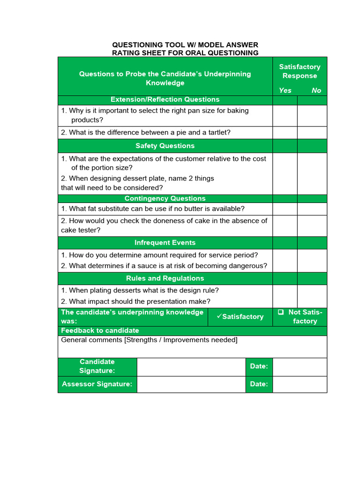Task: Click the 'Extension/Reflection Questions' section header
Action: [165, 99]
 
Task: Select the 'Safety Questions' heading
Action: [165, 146]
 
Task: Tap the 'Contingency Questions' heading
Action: [165, 198]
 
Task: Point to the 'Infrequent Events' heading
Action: [165, 243]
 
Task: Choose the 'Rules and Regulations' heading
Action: [165, 278]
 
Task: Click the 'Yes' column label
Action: [285, 90]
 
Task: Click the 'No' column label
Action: [316, 90]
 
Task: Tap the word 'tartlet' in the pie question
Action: [217, 133]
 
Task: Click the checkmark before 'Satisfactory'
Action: [219, 316]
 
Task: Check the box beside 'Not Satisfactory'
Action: [281, 312]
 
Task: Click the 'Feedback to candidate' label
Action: [100, 330]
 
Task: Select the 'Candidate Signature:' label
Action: [97, 366]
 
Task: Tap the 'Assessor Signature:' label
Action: [97, 384]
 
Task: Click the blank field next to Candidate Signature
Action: [191, 366]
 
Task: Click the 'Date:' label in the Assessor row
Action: [259, 384]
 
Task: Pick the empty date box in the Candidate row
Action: [300, 366]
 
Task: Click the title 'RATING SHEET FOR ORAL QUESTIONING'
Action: [185, 53]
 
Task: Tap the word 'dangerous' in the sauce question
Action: [249, 266]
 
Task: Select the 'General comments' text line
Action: [149, 340]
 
